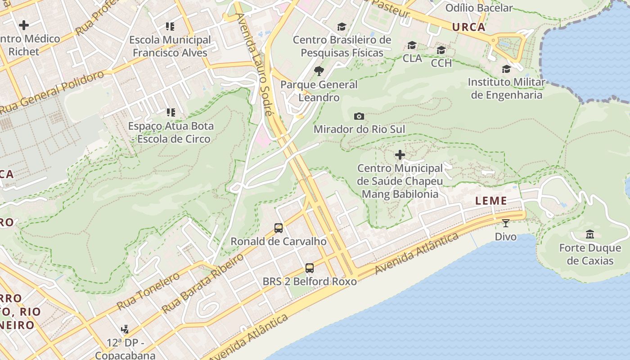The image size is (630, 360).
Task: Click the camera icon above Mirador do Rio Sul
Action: tap(359, 117)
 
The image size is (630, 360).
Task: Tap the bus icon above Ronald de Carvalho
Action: tap(279, 228)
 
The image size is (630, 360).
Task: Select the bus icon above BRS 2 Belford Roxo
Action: tap(310, 268)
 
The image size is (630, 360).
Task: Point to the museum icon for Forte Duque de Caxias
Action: tap(589, 234)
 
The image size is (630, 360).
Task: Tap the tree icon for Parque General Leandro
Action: tap(319, 71)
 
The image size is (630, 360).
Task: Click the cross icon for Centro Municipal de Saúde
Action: tap(400, 155)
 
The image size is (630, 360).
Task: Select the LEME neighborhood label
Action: tap(491, 201)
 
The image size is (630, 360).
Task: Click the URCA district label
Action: tap(469, 27)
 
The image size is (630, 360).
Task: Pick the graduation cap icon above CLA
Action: tap(412, 45)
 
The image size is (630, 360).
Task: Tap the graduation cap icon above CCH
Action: tap(441, 50)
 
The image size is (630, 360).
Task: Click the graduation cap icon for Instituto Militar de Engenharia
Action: tap(506, 69)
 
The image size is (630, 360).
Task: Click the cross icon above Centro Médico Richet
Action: tap(24, 25)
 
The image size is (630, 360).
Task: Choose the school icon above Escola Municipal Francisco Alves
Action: tap(170, 27)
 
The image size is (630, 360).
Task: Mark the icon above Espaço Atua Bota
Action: tap(171, 112)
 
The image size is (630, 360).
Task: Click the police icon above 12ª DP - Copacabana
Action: tap(125, 329)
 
